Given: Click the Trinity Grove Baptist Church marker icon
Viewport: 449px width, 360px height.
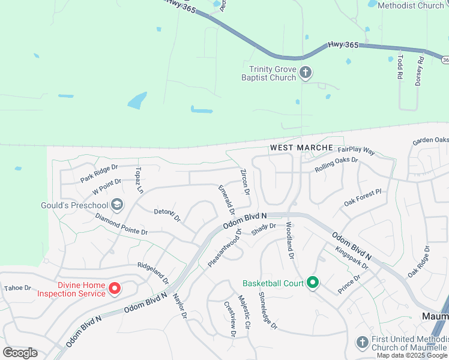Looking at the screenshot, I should click(x=306, y=73).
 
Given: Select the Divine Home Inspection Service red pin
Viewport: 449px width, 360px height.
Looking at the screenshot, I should click(x=115, y=289).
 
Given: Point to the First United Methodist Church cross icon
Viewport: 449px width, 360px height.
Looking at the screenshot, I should click(x=361, y=343).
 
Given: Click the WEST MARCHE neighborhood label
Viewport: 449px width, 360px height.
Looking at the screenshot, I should click(x=301, y=148).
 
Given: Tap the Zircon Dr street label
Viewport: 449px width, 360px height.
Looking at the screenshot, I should click(x=245, y=182).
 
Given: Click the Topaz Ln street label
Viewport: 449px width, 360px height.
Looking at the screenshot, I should click(x=140, y=180).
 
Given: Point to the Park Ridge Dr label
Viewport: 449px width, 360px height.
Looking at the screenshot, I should click(x=100, y=175).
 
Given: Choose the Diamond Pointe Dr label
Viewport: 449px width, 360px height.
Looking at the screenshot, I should click(x=121, y=227).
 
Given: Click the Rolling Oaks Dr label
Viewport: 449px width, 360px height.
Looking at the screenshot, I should click(x=336, y=165).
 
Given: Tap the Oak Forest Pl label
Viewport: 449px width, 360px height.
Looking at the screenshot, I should click(x=363, y=198).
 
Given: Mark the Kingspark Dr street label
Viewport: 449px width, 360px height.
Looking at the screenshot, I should click(x=352, y=258).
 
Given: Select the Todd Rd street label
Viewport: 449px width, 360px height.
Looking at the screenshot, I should click(x=400, y=67).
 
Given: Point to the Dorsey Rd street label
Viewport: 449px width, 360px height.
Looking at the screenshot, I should click(x=420, y=71).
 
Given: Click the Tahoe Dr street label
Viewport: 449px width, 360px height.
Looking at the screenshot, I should click(x=17, y=288).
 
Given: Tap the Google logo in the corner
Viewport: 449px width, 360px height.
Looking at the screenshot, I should click(x=20, y=352).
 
